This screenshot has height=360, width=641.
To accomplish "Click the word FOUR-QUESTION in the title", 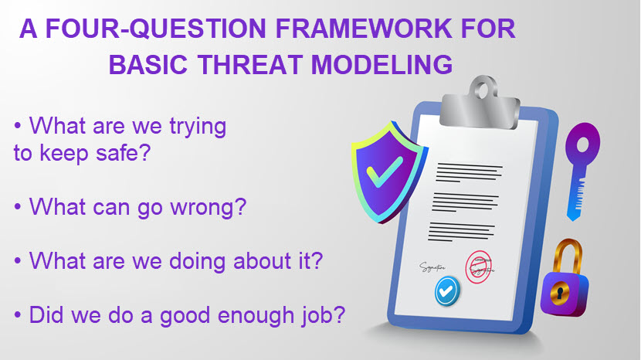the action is click(155, 29).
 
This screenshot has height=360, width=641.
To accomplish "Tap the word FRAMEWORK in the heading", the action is click(364, 29).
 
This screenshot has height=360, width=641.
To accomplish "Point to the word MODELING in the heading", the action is click(382, 64).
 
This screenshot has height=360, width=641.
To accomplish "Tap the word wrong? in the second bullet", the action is click(208, 206).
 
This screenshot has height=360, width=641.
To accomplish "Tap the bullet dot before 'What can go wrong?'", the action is click(17, 207).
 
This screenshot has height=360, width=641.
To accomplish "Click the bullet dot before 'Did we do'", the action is click(17, 315).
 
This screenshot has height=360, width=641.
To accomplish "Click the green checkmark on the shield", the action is click(385, 171).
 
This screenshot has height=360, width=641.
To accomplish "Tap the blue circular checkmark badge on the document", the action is click(447, 291).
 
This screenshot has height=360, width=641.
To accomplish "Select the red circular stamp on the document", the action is click(478, 267).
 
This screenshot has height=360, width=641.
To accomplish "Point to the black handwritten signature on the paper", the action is click(432, 267).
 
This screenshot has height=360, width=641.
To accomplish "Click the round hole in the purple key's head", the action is click(582, 144).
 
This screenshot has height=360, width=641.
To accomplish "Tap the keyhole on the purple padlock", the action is click(560, 292).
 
